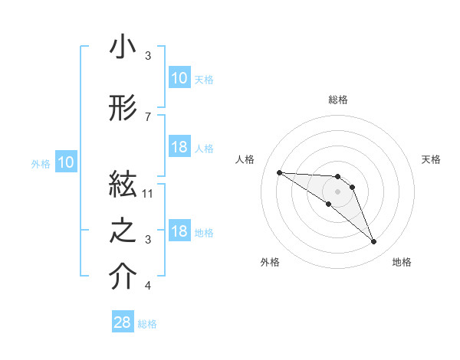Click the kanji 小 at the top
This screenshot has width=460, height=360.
pyautogui.click(x=123, y=47)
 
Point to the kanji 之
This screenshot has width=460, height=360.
pyautogui.click(x=123, y=232)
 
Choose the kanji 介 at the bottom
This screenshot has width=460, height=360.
pyautogui.click(x=123, y=277)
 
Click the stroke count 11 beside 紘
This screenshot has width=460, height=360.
pyautogui.click(x=149, y=193)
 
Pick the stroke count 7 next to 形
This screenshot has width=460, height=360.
pyautogui.click(x=148, y=116)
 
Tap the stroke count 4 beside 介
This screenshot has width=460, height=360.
pyautogui.click(x=148, y=286)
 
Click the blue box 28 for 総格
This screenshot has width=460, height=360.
pyautogui.click(x=123, y=322)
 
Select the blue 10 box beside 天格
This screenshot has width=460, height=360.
pyautogui.click(x=179, y=78)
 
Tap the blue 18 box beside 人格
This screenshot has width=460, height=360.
pyautogui.click(x=179, y=147)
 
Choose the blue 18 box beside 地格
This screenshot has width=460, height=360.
pyautogui.click(x=179, y=231)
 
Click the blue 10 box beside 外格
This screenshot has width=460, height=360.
pyautogui.click(x=66, y=162)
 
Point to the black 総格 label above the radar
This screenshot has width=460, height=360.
pyautogui.click(x=338, y=100)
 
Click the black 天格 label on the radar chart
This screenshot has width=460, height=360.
pyautogui.click(x=432, y=159)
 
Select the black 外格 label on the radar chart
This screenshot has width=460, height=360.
pyautogui.click(x=270, y=262)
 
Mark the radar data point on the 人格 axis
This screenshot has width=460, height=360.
pyautogui.click(x=279, y=172)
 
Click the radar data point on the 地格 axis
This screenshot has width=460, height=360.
pyautogui.click(x=373, y=242)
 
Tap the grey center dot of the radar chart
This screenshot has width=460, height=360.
pyautogui.click(x=337, y=191)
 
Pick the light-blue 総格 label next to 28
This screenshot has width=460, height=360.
pyautogui.click(x=147, y=324)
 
